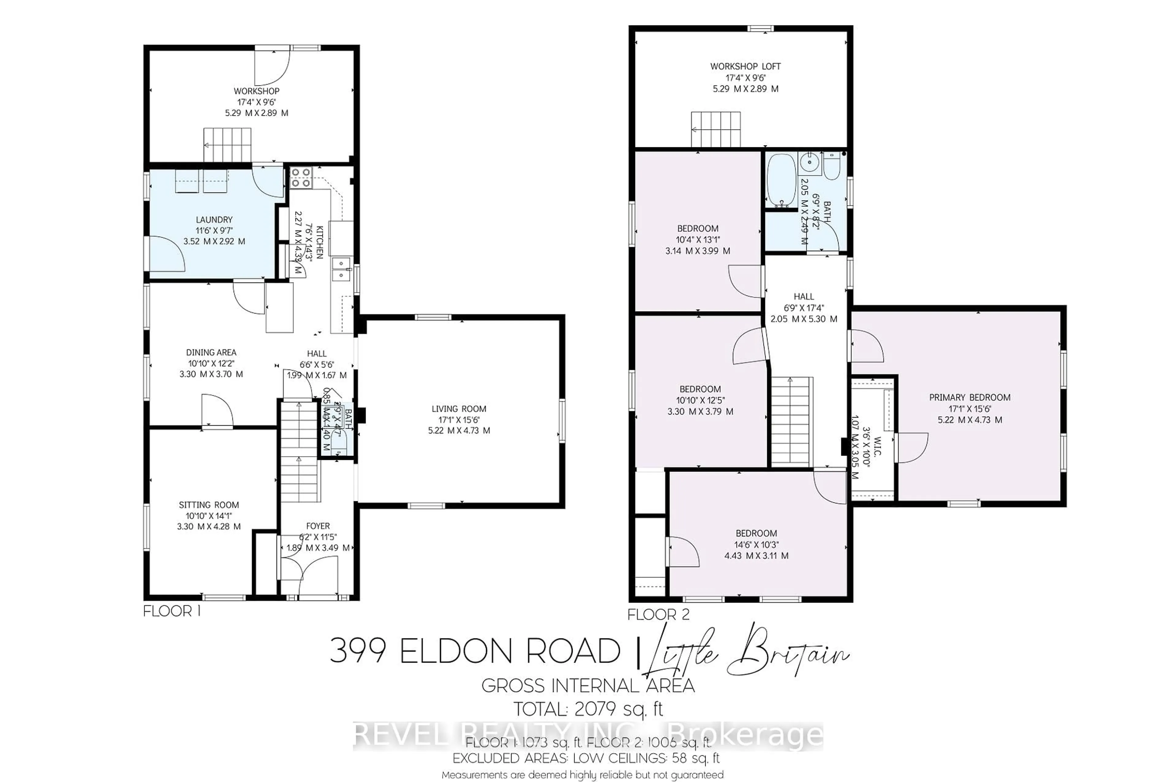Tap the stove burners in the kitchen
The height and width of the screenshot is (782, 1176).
[x=301, y=178]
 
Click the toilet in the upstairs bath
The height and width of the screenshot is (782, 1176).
[x=832, y=167]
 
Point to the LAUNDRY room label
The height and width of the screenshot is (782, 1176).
[x=214, y=220]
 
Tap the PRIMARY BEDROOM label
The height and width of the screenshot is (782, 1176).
[x=970, y=397]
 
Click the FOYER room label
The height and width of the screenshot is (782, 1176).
[x=318, y=526]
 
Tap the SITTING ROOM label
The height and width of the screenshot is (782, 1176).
[x=209, y=505]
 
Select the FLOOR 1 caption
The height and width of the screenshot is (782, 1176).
[x=171, y=611]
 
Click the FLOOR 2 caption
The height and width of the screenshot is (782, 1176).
[x=658, y=615]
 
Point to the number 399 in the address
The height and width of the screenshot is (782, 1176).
[x=358, y=651]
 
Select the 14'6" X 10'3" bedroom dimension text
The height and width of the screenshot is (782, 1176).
[x=756, y=545]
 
